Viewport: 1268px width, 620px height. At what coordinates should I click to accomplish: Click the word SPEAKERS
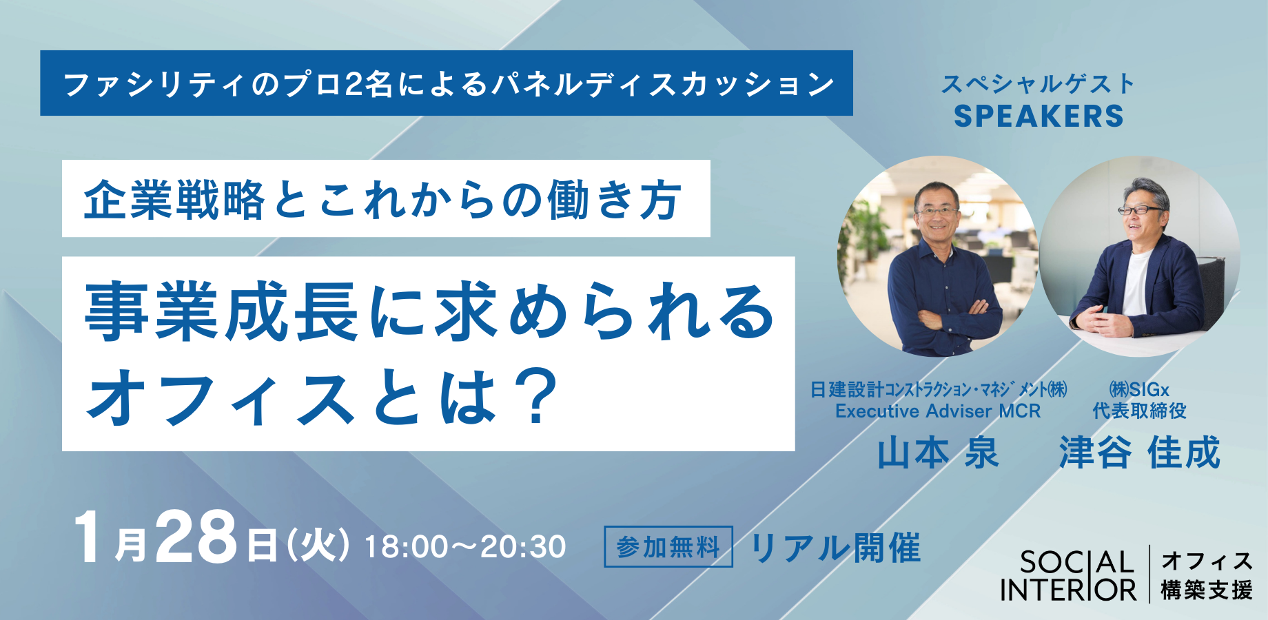click(1039, 116)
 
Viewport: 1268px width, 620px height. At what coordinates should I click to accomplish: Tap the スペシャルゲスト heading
click(1039, 84)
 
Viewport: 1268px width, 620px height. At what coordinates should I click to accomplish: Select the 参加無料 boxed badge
click(668, 547)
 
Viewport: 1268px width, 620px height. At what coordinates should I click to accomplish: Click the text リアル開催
click(835, 548)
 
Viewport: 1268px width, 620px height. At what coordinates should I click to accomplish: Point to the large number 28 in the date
click(196, 539)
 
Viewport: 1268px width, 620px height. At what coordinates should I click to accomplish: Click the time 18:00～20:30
click(465, 547)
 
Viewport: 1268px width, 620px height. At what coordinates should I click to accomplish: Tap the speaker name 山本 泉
click(938, 453)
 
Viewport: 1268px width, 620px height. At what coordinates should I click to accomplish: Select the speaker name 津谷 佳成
click(1140, 453)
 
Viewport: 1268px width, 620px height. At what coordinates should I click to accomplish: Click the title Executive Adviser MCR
click(938, 411)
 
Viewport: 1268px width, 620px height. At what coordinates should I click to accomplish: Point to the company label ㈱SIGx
click(1140, 390)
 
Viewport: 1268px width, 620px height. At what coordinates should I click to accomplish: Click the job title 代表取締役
click(1140, 411)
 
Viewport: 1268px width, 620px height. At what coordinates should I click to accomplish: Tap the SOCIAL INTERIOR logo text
click(1068, 576)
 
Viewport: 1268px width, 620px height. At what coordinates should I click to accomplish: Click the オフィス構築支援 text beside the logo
click(1207, 576)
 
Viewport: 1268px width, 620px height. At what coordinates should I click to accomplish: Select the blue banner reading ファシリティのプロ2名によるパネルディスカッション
click(447, 83)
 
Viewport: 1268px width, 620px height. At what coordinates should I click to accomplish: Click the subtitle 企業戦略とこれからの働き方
click(383, 200)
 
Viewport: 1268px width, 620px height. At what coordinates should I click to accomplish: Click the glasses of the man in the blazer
click(1141, 209)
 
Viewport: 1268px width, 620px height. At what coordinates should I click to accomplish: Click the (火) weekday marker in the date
click(318, 546)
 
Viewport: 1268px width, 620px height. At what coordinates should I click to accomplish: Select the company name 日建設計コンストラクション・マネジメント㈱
click(939, 390)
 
